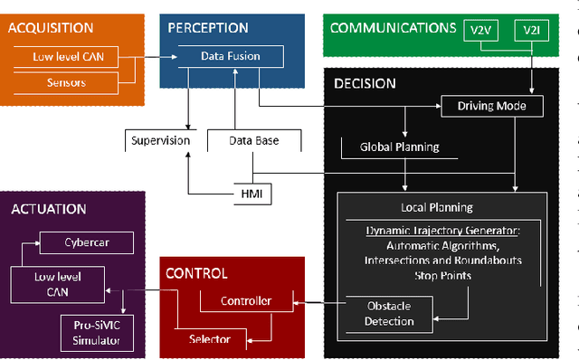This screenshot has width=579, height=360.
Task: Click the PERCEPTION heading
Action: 208,28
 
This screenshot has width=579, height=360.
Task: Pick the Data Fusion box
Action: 230,56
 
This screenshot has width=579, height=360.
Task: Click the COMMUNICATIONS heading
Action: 392,27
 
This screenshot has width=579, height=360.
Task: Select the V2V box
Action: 479,31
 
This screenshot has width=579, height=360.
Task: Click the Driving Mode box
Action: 492,107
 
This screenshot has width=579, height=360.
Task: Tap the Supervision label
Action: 160,140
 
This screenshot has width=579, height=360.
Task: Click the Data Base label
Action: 253,140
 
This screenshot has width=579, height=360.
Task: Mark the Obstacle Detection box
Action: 389,313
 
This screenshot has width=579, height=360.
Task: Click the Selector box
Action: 209,339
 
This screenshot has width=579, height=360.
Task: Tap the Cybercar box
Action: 85,243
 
